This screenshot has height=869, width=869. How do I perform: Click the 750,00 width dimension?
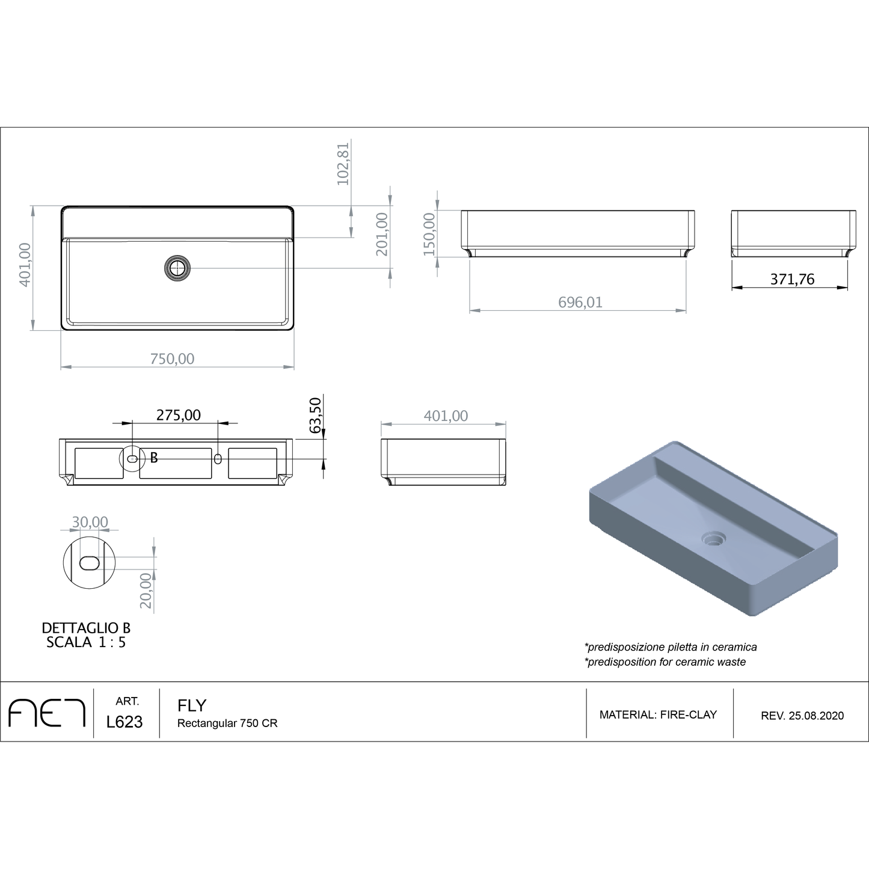pos(172,359)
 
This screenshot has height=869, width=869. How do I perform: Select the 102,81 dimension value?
pos(343,164)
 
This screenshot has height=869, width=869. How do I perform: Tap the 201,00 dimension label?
pos(382,234)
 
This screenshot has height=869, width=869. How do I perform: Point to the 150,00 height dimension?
pos(429,234)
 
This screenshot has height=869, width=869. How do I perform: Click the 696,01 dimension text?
pos(580,302)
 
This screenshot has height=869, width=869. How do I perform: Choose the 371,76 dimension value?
pos(792,279)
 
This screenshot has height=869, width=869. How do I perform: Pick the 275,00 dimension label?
pos(179,415)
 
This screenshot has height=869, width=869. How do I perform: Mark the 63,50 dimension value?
pos(315,415)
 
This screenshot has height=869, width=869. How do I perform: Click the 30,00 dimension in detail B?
pos(90,522)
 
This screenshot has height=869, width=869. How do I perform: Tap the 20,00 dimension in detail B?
pos(146,590)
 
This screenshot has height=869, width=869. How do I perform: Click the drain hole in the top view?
pos(177,268)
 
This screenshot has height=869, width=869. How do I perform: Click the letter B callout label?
pos(154,458)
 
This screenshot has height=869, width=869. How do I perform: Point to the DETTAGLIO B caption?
pos(86,628)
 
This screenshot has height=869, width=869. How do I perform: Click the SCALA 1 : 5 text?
pos(86,642)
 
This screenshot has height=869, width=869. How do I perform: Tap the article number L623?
pos(124,722)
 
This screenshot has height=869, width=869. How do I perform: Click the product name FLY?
pos(192,705)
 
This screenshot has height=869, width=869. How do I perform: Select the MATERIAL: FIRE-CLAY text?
pos(658,715)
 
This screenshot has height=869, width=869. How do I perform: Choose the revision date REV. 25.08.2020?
pos(802,716)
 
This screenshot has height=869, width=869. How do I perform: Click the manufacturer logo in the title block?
pos(47,713)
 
